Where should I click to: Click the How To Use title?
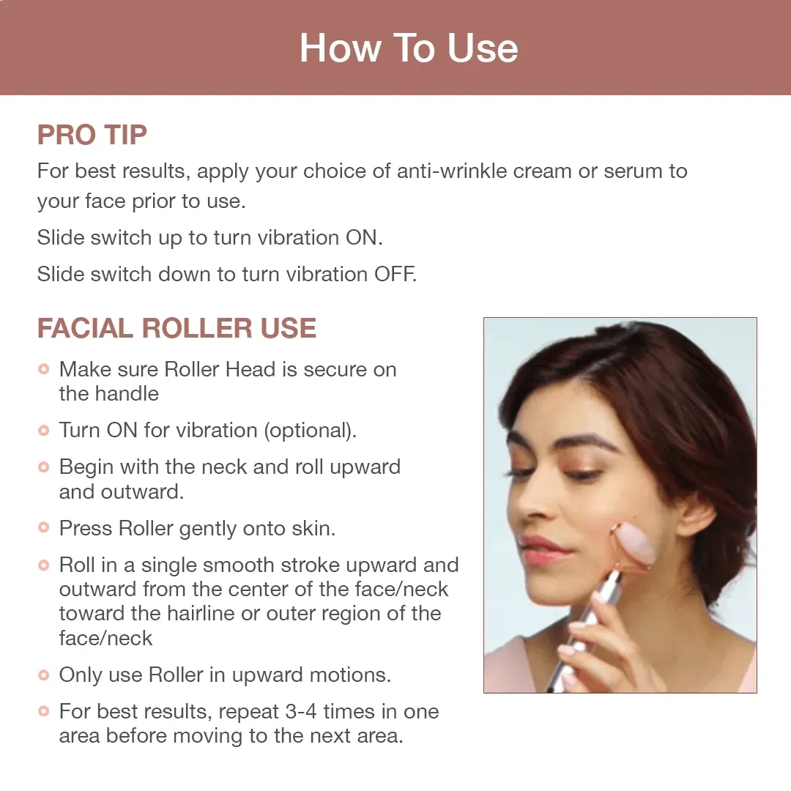(x=409, y=48)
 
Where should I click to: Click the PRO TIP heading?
(x=92, y=135)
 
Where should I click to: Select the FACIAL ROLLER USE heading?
(x=177, y=328)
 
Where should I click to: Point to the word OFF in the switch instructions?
(x=395, y=275)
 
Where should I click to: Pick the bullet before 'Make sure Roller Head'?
(x=44, y=368)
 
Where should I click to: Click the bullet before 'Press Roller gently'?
(x=44, y=527)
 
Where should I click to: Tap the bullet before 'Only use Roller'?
(x=44, y=675)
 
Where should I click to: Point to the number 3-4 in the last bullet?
(x=301, y=711)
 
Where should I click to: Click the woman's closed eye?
(x=580, y=474)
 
